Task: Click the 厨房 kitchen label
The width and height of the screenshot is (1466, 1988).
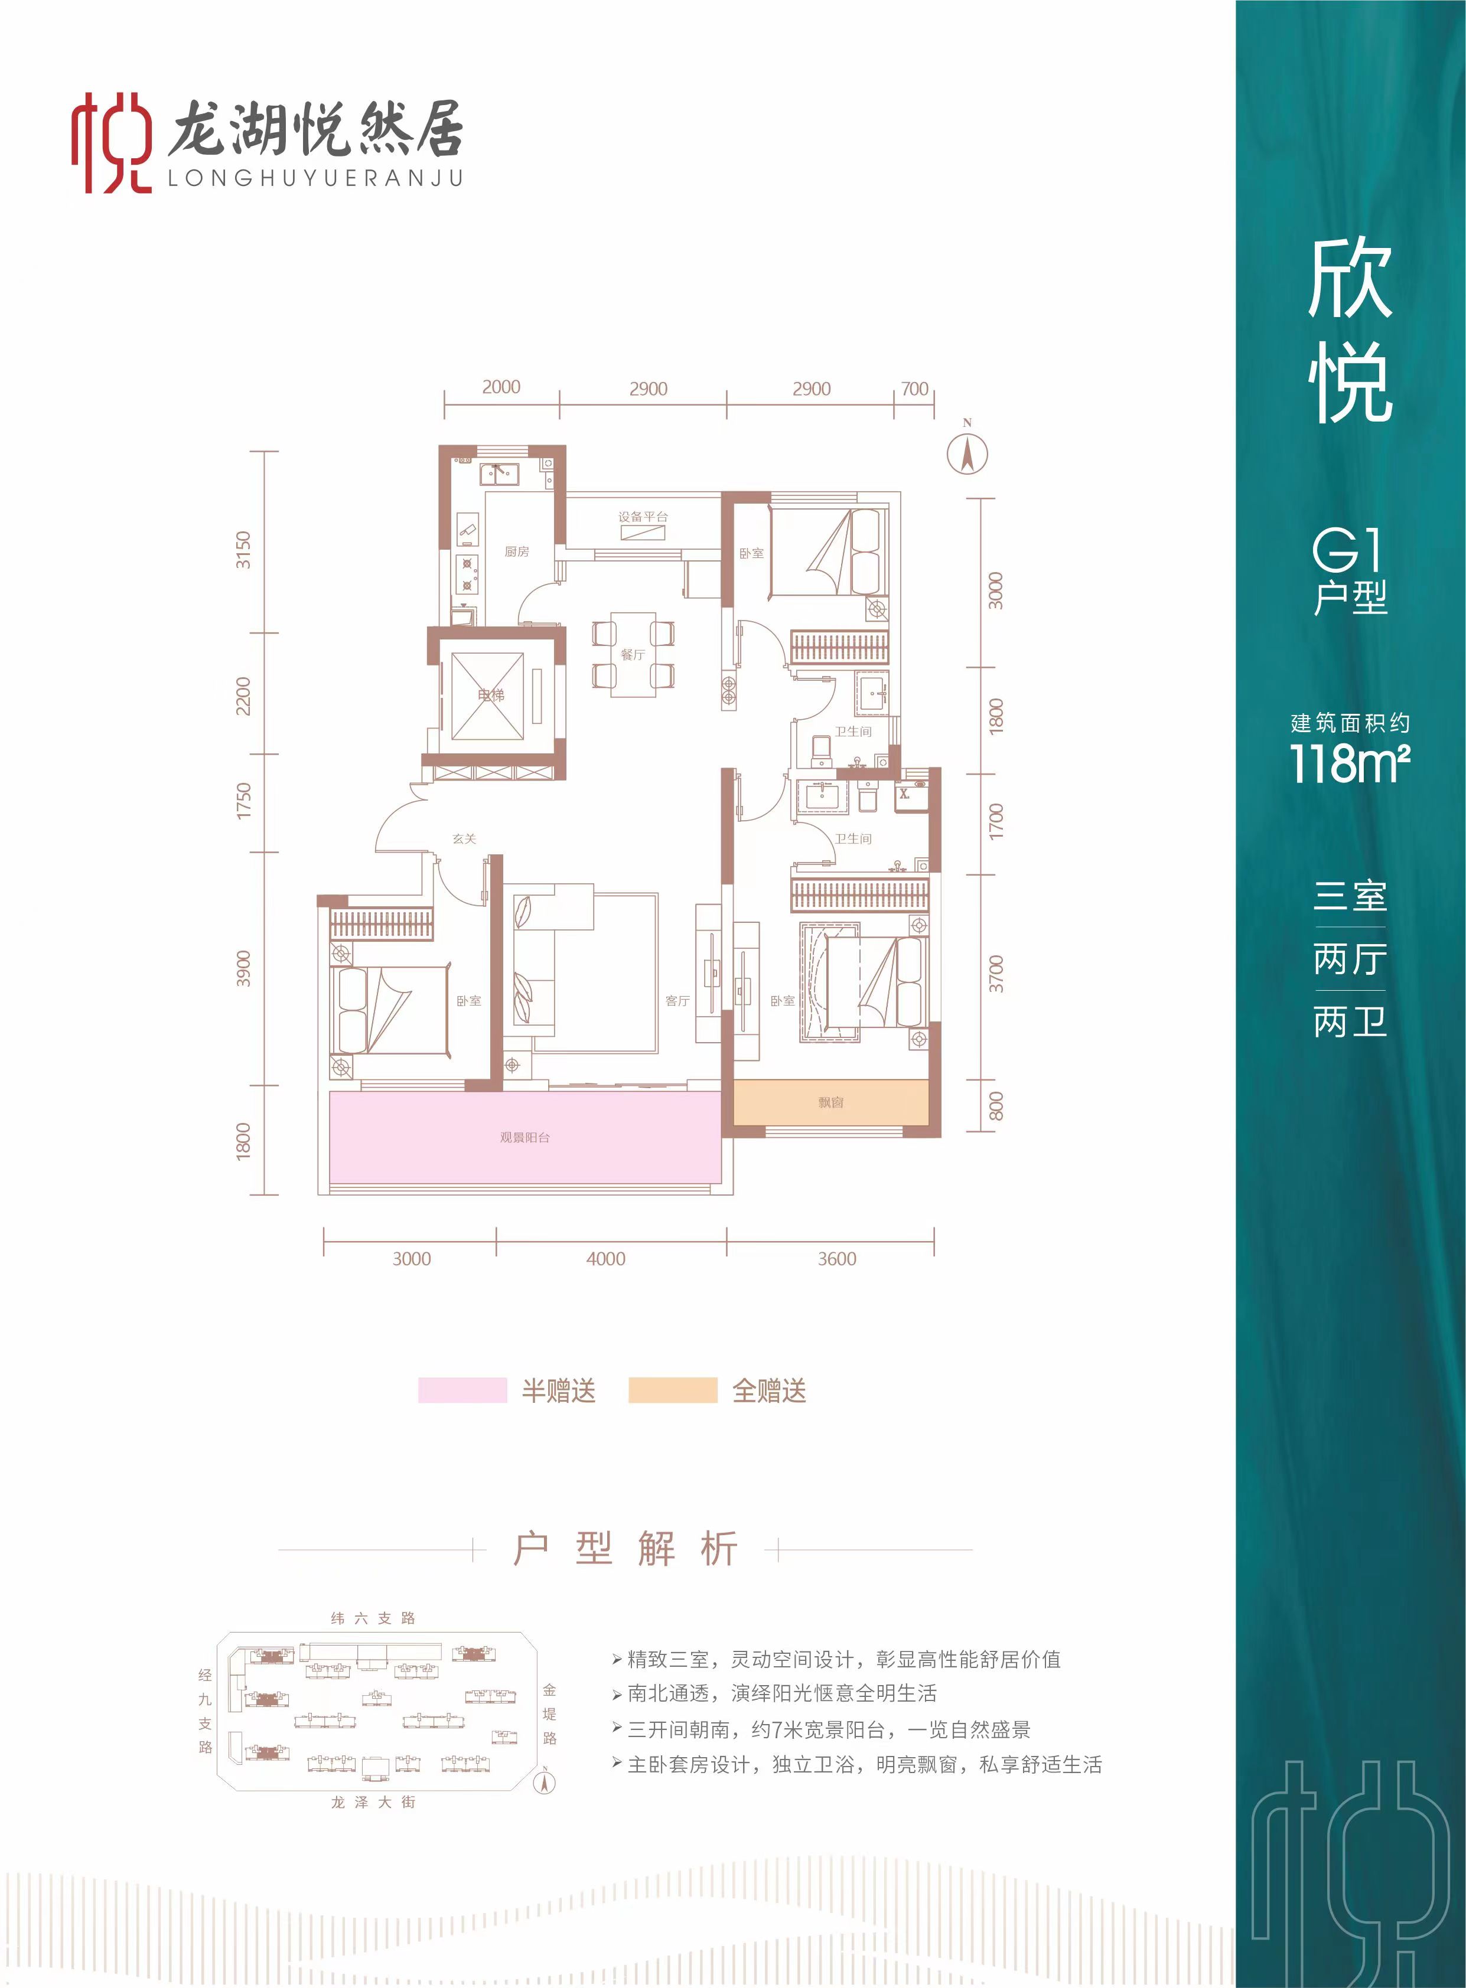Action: click(x=516, y=551)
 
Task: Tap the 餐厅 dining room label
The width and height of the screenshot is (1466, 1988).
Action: click(x=633, y=655)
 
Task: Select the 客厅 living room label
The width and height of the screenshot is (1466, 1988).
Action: click(x=678, y=1001)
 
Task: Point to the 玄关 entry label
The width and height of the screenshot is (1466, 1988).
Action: click(x=464, y=838)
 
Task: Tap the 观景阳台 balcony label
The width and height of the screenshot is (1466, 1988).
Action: click(x=524, y=1137)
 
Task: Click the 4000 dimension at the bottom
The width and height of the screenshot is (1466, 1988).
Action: click(x=606, y=1259)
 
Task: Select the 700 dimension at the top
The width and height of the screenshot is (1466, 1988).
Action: click(x=914, y=389)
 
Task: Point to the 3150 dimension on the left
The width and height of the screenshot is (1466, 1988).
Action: click(x=243, y=550)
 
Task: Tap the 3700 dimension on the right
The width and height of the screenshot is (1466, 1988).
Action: click(x=996, y=974)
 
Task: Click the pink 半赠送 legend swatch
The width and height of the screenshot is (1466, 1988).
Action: click(x=462, y=1390)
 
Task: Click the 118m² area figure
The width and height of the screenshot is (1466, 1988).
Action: click(x=1350, y=763)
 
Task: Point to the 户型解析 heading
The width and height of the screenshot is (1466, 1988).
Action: click(x=626, y=1549)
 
